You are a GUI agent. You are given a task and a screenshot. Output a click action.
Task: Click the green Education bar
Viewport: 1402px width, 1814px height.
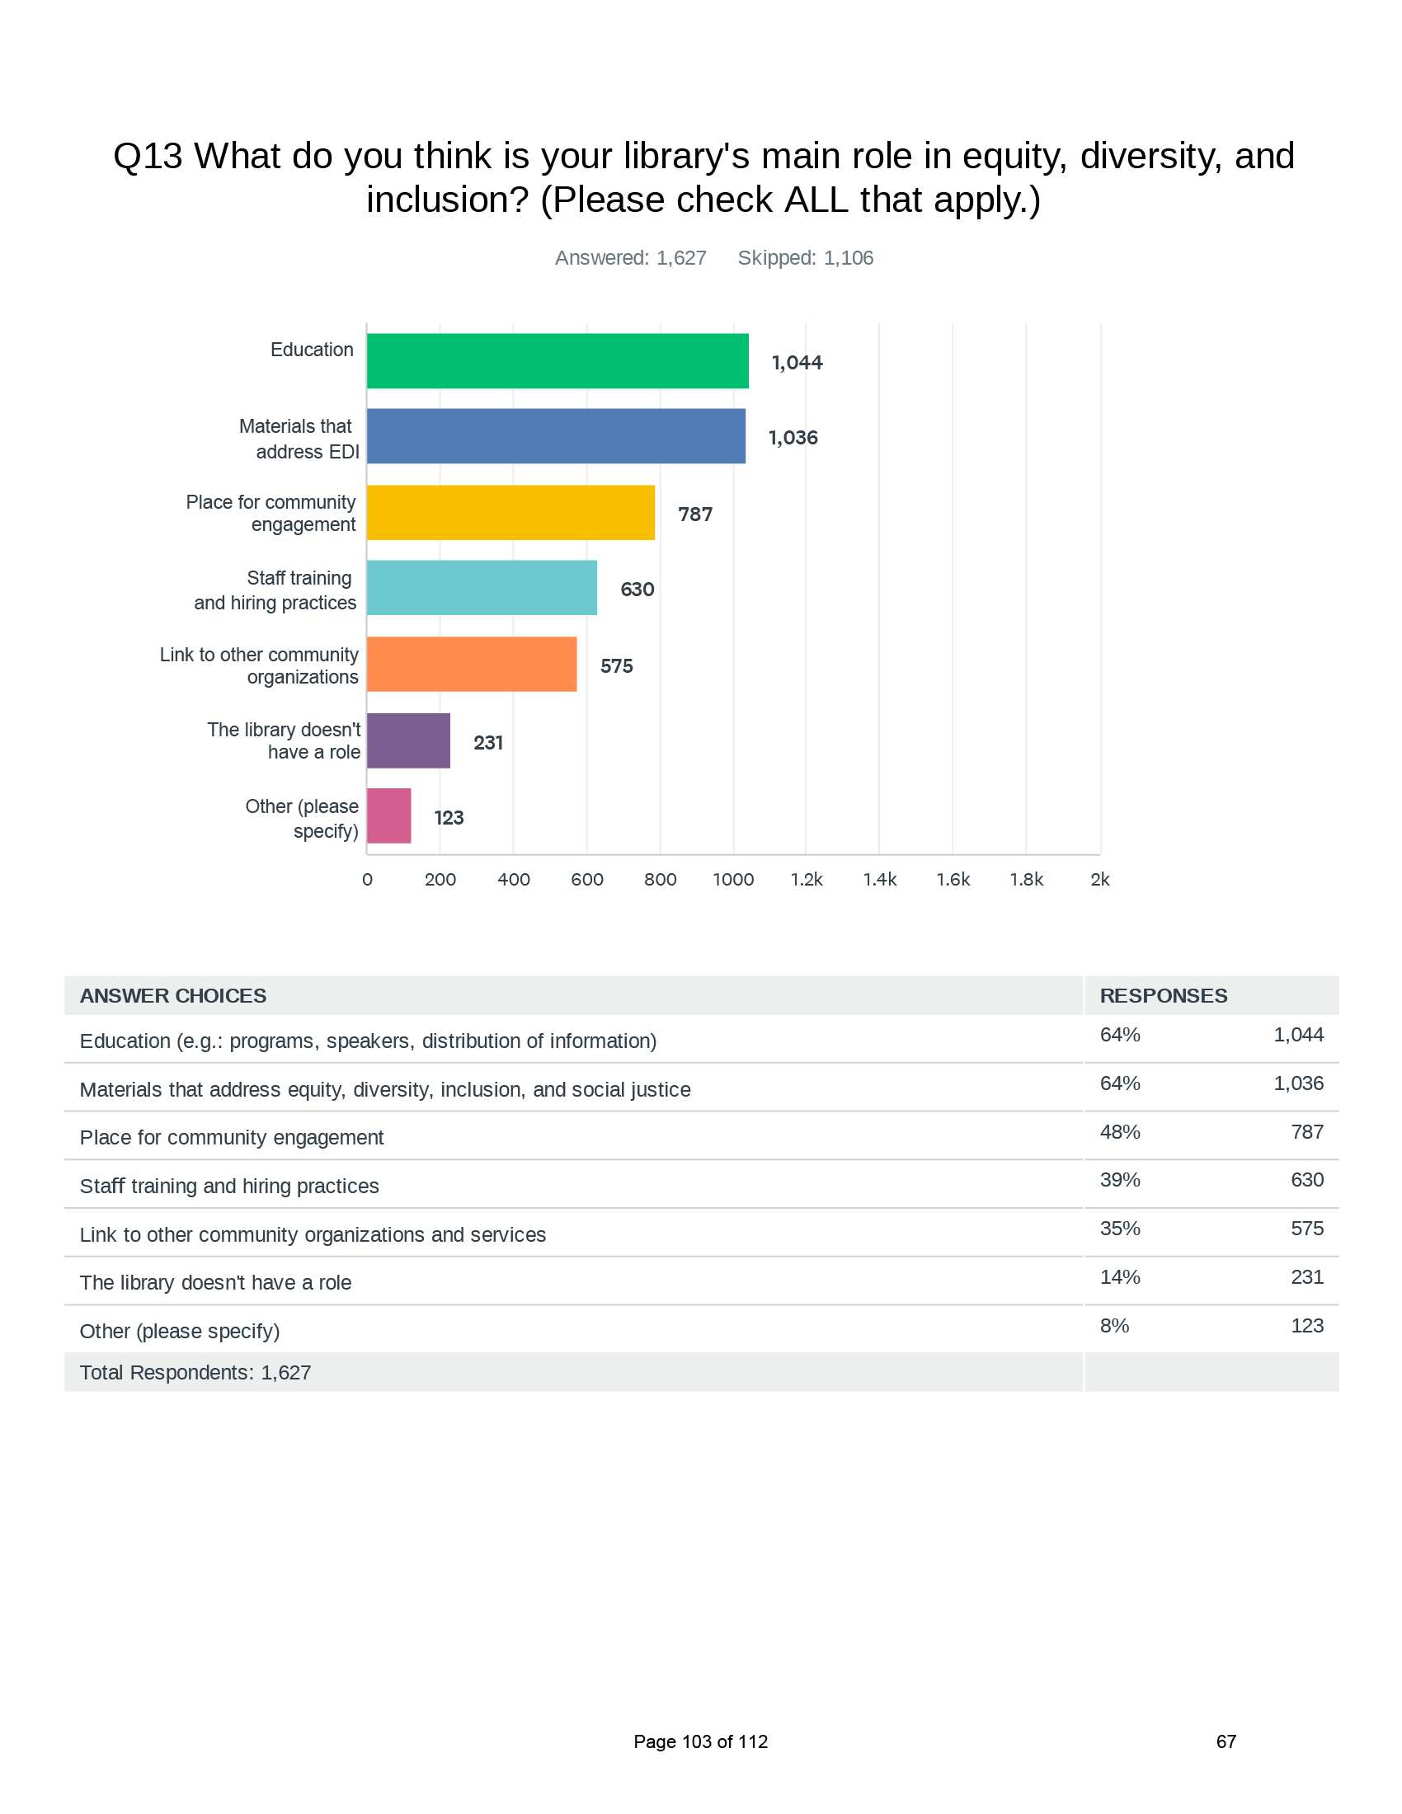558,360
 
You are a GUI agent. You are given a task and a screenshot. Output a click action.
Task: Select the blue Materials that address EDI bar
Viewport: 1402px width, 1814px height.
556,436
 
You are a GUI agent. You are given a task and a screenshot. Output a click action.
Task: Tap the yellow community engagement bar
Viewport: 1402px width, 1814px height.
510,513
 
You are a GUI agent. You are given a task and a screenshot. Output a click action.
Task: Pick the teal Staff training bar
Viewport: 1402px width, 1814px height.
482,588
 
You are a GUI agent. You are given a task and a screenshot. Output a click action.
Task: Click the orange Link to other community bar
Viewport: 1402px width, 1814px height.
472,665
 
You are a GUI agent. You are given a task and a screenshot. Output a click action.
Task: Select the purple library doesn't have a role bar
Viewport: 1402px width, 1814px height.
408,741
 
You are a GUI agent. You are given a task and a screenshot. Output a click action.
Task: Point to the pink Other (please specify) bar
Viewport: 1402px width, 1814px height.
388,816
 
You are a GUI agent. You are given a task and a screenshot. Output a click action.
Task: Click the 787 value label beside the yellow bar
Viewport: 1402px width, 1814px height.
695,515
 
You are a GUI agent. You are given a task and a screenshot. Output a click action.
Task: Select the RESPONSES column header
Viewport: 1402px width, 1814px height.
1164,996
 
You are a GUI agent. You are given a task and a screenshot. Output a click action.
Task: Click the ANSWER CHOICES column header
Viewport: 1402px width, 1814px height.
172,996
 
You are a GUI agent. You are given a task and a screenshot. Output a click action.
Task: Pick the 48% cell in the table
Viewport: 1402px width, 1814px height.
1121,1132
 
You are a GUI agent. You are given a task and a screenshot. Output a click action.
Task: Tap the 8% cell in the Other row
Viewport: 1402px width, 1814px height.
1115,1326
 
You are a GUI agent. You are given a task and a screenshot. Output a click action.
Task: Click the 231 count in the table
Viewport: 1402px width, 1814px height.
1307,1277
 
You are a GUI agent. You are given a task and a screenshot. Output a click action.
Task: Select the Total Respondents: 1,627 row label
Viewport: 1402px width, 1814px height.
195,1373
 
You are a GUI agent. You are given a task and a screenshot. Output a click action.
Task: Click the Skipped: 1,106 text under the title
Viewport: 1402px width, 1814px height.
806,258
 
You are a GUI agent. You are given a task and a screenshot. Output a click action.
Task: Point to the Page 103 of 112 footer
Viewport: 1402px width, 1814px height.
701,1741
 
